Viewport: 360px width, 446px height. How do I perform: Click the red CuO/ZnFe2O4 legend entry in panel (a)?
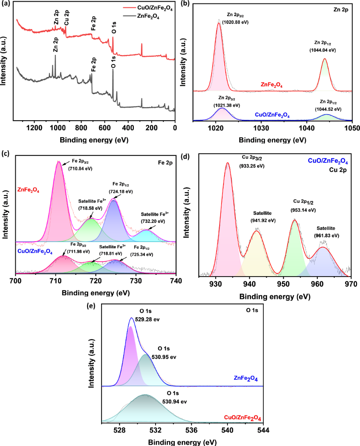click(x=147, y=8)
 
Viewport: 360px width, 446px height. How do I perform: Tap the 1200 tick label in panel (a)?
click(x=34, y=128)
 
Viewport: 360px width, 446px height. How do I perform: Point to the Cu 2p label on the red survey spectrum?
click(x=66, y=17)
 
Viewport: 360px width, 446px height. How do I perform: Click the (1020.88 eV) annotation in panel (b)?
click(x=235, y=22)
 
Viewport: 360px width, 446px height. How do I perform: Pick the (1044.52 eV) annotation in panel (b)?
click(x=328, y=109)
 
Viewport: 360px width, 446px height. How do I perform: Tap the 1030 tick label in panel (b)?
click(x=261, y=128)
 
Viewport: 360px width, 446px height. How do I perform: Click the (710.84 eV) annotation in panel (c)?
click(x=80, y=169)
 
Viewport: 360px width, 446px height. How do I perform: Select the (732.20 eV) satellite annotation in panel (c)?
click(x=153, y=221)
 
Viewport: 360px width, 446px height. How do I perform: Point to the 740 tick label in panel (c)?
click(x=176, y=281)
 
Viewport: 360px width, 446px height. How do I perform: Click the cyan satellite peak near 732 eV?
click(x=146, y=236)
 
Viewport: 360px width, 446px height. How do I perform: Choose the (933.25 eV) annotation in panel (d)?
click(x=252, y=166)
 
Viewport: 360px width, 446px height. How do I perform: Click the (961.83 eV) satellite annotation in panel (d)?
click(x=327, y=236)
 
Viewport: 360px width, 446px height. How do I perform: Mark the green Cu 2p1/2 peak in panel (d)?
click(x=295, y=247)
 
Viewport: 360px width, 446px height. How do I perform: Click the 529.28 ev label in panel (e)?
click(x=147, y=319)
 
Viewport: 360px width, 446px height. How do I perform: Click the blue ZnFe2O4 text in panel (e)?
click(x=246, y=378)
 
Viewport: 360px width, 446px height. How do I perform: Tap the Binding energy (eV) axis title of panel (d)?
click(x=275, y=297)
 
